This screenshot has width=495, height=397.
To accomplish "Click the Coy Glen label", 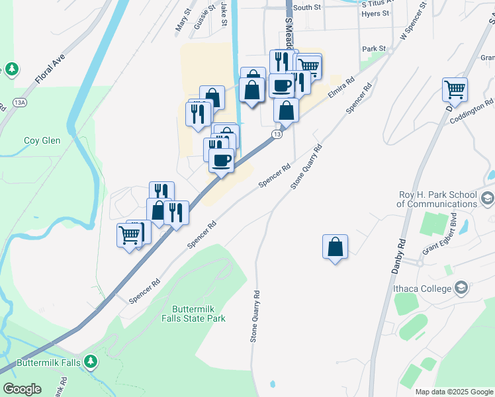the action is click(x=42, y=140).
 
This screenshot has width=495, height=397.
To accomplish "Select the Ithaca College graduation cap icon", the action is click(x=461, y=288).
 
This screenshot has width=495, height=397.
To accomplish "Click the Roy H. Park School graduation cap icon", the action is click(x=487, y=198).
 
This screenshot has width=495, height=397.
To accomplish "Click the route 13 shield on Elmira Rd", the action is click(x=277, y=134).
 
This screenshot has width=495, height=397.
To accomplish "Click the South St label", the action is click(x=306, y=7).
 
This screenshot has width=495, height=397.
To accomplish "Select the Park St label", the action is click(x=373, y=49).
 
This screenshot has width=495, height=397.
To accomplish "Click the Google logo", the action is click(x=22, y=389).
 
